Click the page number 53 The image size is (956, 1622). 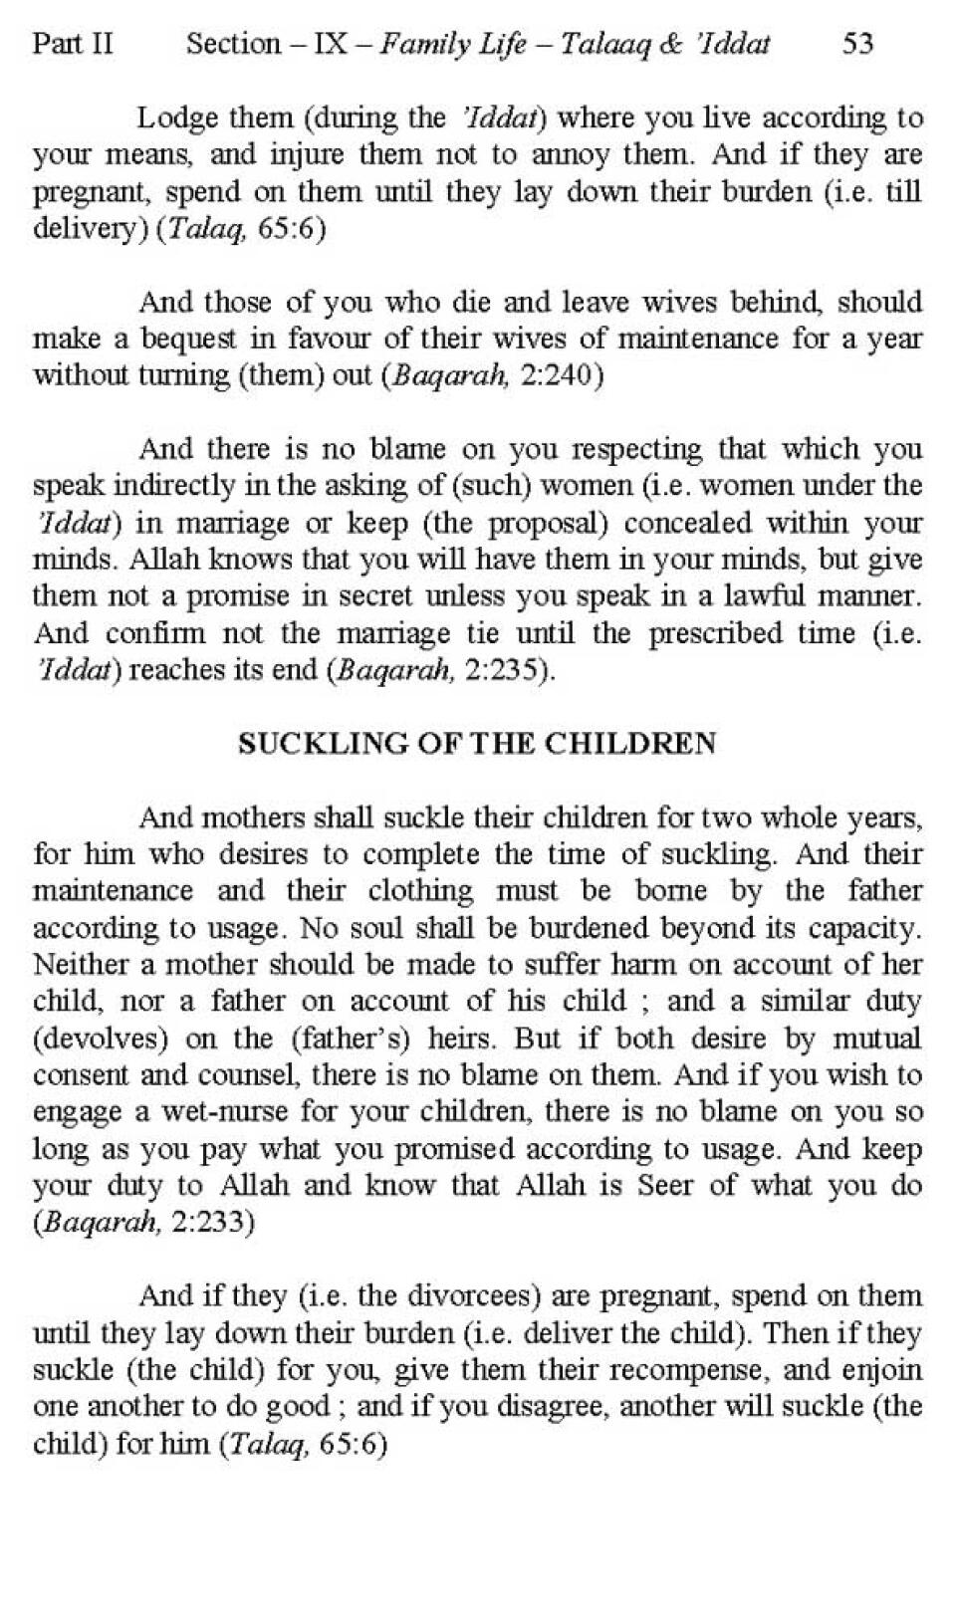[x=857, y=43]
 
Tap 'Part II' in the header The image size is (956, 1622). [x=73, y=43]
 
